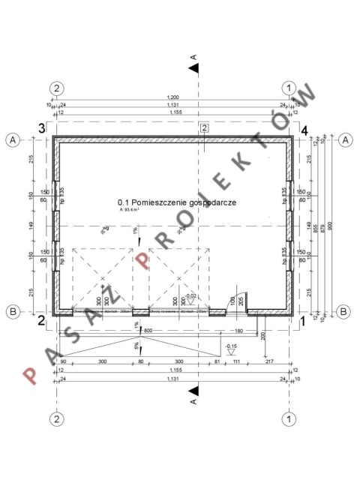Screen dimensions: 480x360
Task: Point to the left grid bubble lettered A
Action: tap(13, 139)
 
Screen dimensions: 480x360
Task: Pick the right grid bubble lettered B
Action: tap(343, 310)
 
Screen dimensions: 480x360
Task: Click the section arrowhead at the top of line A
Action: tap(194, 69)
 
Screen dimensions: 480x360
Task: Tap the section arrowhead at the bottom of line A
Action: tap(194, 391)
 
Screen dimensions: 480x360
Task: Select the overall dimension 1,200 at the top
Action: tap(173, 98)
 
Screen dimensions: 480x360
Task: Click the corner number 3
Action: tap(42, 128)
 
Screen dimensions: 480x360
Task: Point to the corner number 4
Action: tap(304, 130)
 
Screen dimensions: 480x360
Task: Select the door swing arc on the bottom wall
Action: tap(239, 298)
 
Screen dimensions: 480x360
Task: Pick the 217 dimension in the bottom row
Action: tap(269, 362)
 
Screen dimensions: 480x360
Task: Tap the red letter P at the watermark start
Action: tap(32, 375)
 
